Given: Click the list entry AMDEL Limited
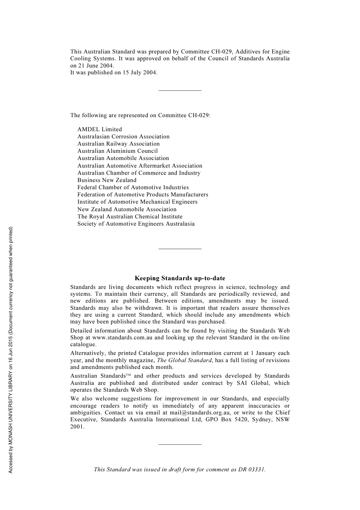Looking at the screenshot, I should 100,129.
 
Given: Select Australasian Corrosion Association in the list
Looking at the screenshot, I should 124,137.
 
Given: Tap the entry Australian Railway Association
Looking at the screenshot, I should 119,144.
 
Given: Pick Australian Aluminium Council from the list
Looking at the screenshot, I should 117,151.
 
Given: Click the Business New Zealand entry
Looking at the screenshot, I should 107,180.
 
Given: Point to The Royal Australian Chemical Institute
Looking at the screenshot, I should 130,217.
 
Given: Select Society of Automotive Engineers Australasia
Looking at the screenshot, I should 136,224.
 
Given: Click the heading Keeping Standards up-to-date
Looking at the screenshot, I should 180,278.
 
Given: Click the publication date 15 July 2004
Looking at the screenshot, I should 139,72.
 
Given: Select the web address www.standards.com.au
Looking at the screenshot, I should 122,337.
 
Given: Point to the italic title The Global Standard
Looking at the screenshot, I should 185,360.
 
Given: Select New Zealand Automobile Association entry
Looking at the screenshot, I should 127,209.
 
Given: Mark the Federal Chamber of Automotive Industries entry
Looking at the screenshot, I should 133,187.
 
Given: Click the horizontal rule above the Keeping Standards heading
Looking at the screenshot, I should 180,249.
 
